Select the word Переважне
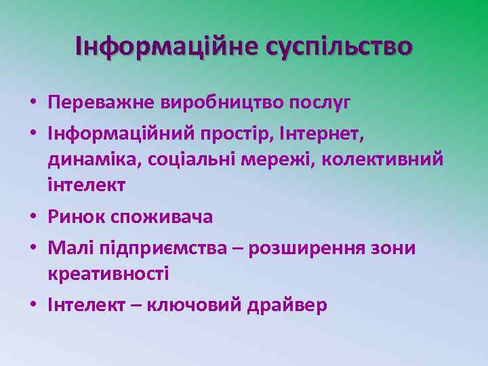click(102, 103)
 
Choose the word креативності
click(108, 274)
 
